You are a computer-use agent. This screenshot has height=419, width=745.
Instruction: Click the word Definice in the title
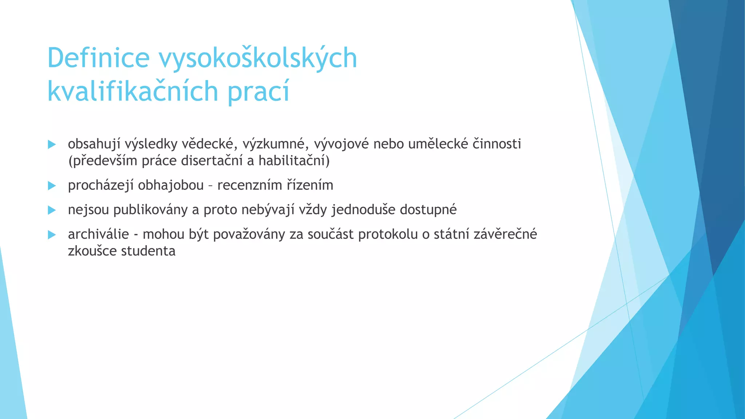[98, 58]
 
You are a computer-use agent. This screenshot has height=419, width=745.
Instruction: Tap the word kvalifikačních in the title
[132, 91]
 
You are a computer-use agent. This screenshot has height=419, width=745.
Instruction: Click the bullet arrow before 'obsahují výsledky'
[52, 145]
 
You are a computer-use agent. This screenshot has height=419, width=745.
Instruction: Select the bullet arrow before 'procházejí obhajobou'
[52, 186]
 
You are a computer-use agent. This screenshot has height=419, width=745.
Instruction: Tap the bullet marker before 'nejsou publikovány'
[52, 210]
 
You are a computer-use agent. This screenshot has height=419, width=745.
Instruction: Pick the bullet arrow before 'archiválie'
[52, 235]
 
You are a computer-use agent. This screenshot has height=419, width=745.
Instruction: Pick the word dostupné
[428, 210]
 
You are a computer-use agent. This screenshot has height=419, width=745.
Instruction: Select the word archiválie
[98, 235]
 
